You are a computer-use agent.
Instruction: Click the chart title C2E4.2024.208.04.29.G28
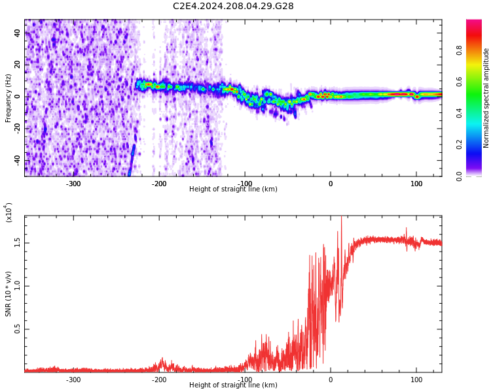[233, 7]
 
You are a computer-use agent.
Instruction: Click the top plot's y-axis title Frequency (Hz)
[9, 98]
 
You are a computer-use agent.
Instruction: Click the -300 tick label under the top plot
[73, 184]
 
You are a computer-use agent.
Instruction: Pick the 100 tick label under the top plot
[416, 184]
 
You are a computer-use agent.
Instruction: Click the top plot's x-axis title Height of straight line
[233, 189]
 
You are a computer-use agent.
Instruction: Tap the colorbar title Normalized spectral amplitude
[486, 98]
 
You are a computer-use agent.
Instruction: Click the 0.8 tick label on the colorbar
[478, 50]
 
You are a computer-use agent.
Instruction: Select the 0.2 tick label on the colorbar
[478, 145]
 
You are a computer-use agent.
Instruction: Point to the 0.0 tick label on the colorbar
[478, 176]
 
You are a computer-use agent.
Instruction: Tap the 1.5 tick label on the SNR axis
[18, 242]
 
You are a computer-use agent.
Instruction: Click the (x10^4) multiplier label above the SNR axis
[9, 212]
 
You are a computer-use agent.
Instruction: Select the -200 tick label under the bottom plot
[158, 380]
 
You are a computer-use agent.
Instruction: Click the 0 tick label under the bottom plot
[331, 380]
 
